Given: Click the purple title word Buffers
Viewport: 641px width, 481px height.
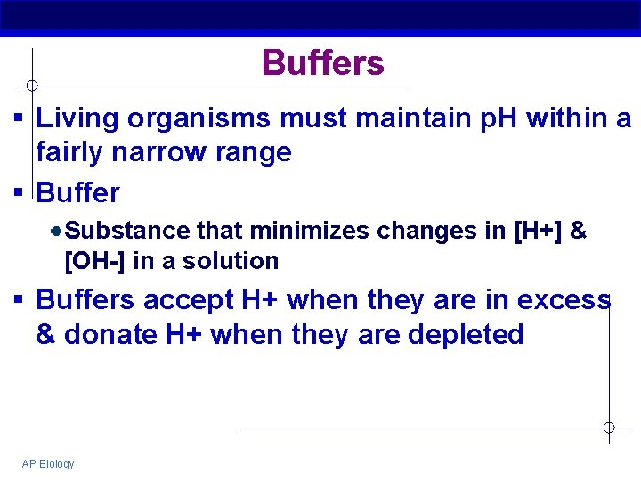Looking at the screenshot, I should pos(323,63).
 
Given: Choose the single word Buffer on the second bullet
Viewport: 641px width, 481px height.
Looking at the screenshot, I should pos(77,192).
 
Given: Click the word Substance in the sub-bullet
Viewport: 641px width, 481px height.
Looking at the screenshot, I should pos(127,231).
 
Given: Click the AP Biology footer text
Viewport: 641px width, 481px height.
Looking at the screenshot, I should pos(48,464).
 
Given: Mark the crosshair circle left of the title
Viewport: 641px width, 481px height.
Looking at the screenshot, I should pos(31,86).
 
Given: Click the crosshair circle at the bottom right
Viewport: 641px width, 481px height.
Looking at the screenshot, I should pos(609,428).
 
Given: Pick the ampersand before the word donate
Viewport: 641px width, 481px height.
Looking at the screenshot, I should pos(45,335).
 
